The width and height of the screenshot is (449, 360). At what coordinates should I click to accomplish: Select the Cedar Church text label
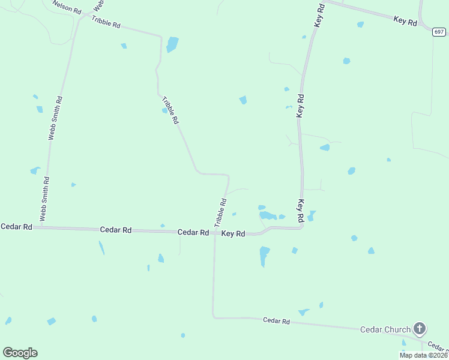point(385,329)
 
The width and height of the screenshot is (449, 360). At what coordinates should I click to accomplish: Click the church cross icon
point(420,328)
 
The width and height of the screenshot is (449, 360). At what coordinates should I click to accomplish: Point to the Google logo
point(20,353)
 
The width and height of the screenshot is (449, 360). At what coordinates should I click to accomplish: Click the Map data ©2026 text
point(423,355)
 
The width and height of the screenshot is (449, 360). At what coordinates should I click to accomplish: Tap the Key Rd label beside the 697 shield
point(405,20)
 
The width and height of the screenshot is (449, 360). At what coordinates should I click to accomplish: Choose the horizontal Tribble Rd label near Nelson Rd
point(106,23)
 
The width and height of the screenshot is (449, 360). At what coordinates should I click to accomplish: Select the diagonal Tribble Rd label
point(171,110)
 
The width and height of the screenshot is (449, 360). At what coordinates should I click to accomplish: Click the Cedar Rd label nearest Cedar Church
point(276,321)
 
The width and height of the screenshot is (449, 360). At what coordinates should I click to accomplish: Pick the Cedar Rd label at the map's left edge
point(16,227)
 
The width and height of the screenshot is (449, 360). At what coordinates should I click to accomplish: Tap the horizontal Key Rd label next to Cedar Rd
point(233,233)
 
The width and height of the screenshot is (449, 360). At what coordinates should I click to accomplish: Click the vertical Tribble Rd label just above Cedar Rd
point(220,212)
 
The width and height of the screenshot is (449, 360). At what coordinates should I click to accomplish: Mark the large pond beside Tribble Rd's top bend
point(172,44)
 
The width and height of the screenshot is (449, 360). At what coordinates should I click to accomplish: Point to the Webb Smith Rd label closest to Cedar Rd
point(44,199)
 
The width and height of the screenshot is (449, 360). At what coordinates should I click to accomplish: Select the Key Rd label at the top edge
point(319,14)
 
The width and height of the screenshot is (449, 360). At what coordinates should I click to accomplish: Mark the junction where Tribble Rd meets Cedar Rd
point(214,232)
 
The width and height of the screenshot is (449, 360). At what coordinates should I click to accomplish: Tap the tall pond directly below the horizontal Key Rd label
point(264,256)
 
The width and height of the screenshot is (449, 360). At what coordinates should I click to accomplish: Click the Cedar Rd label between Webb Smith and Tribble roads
point(115,230)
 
